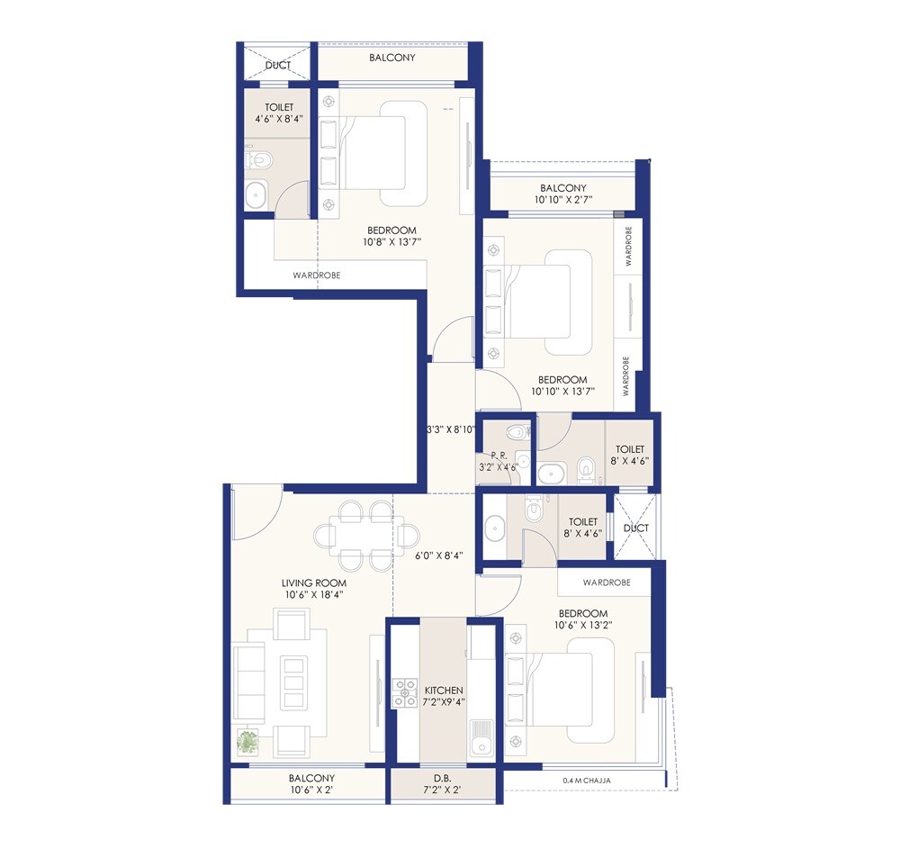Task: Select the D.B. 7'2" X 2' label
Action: pos(441,783)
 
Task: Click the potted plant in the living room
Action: pos(247,742)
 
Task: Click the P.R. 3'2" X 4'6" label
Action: pos(497,462)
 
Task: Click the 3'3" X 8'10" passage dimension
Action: pos(450,429)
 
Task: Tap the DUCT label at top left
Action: pos(277,66)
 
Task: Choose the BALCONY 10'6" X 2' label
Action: pos(312,783)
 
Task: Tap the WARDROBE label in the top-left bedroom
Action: pos(317,275)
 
